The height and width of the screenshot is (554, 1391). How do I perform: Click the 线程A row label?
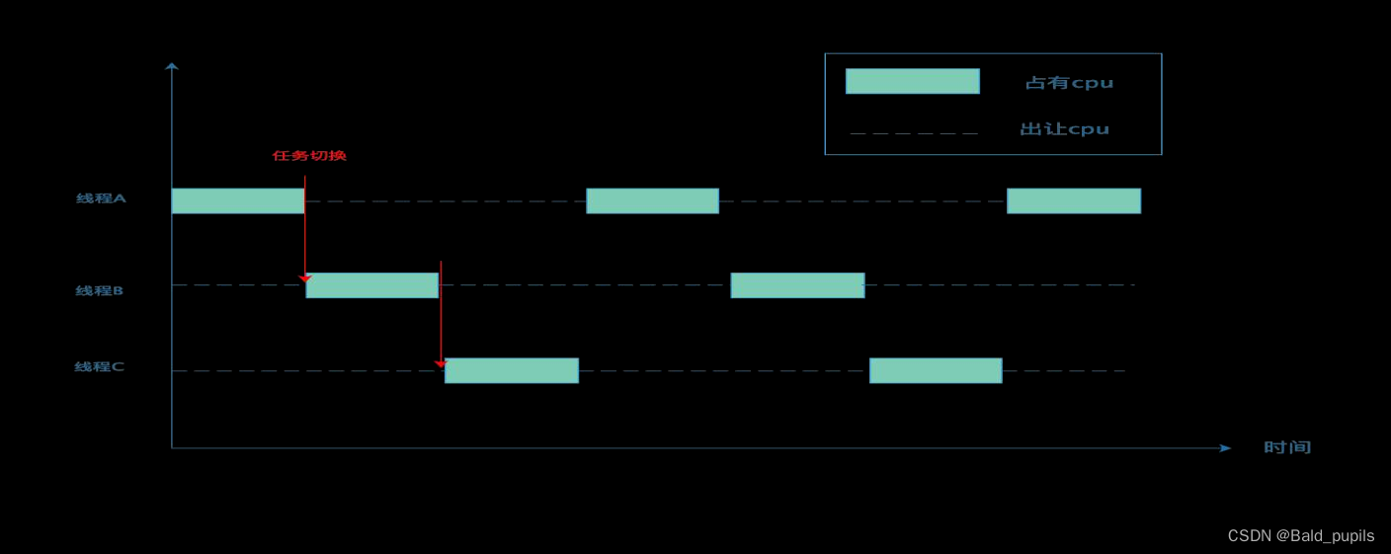[x=101, y=198]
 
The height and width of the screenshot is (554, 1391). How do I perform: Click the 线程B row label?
[x=99, y=290]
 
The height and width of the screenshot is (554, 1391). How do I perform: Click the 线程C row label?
[x=99, y=366]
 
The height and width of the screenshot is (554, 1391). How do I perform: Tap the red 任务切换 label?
[x=309, y=155]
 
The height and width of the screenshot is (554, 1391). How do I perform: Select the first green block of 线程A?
[x=238, y=200]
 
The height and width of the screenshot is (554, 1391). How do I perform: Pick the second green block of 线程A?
[x=652, y=200]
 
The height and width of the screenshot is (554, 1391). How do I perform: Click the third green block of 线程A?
[x=1074, y=200]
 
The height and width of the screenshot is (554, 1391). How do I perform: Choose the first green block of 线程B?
[x=372, y=285]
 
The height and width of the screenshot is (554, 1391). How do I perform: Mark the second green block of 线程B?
[x=797, y=285]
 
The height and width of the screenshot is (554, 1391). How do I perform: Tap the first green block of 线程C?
[x=512, y=370]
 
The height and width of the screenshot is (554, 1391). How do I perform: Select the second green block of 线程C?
[x=936, y=370]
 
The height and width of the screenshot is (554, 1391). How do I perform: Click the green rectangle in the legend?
[x=912, y=81]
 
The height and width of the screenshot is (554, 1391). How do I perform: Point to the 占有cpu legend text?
[x=1069, y=83]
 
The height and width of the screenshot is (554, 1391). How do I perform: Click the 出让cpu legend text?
[x=1064, y=128]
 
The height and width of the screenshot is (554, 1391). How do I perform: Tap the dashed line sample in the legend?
[x=914, y=132]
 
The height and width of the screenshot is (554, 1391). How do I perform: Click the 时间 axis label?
[x=1287, y=447]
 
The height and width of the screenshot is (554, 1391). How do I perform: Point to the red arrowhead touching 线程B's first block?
[x=305, y=279]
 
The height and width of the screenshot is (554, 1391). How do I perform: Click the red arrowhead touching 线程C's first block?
[x=441, y=364]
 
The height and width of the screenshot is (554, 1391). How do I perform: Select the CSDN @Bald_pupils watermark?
[x=1300, y=535]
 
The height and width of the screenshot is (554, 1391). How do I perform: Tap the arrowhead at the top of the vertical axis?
[x=172, y=66]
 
